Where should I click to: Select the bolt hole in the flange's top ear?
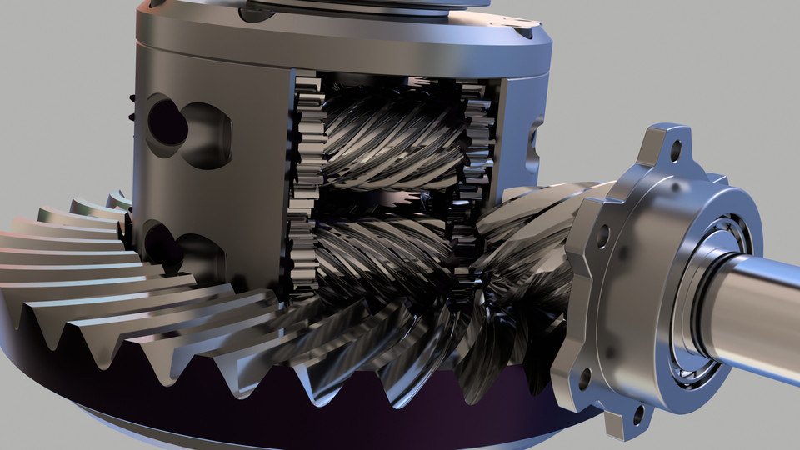(x=675, y=151)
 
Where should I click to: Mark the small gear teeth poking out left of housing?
(x=131, y=108)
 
